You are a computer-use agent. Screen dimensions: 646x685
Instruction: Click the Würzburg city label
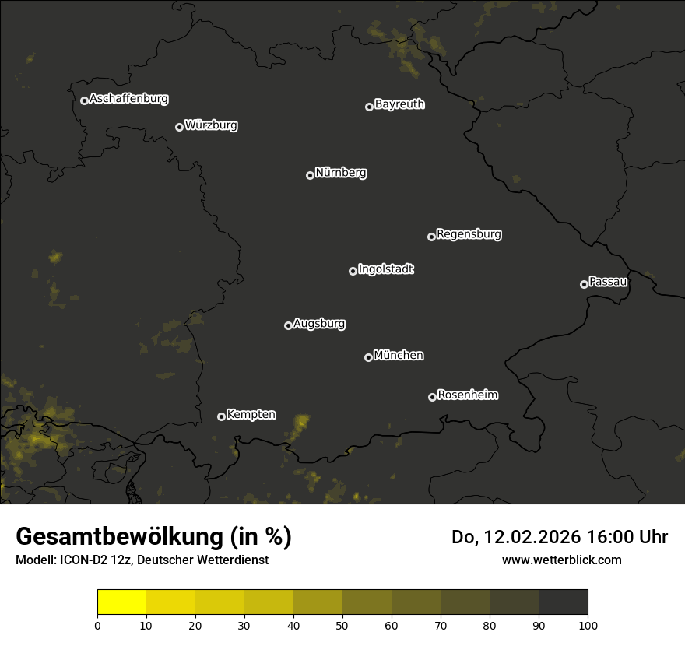click(x=211, y=125)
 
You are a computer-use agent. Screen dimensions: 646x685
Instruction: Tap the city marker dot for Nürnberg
click(x=310, y=175)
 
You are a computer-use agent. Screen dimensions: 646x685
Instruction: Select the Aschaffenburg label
click(x=128, y=99)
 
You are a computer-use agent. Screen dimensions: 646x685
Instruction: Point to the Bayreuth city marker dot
click(x=369, y=107)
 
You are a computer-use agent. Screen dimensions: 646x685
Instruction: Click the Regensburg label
click(x=469, y=233)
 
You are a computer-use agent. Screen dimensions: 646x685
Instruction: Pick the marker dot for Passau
click(x=584, y=284)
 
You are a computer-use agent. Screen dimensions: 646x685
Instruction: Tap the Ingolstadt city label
click(x=386, y=269)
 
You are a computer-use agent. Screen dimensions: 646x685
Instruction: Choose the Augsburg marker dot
click(x=288, y=325)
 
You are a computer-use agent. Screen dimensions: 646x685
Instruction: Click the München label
click(x=399, y=356)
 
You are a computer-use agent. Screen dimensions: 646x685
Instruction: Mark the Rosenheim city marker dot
click(x=432, y=397)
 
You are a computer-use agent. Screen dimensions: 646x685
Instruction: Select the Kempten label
click(x=251, y=415)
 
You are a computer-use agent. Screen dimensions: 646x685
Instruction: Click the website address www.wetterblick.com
click(x=561, y=560)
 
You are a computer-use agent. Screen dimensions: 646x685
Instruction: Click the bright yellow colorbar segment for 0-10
click(x=121, y=602)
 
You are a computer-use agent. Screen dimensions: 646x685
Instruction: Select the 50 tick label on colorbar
click(x=342, y=625)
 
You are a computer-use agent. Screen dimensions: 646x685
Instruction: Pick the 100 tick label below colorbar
click(x=588, y=625)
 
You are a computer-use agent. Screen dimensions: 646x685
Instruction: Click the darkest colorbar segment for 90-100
click(x=563, y=602)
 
